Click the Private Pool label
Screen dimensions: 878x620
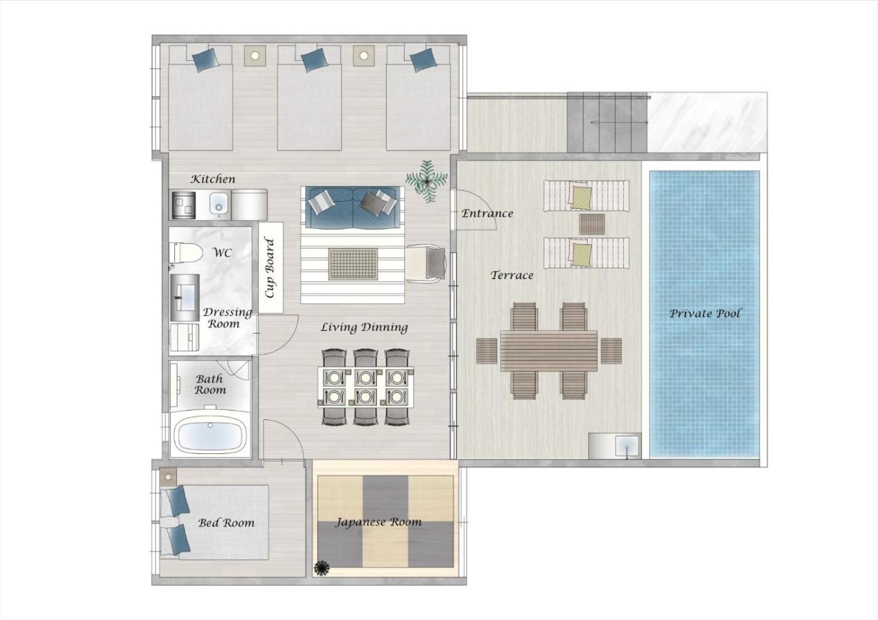coord(705,313)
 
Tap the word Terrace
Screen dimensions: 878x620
coord(512,275)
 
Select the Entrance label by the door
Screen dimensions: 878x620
coord(487,214)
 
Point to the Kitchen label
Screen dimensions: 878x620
coord(213,179)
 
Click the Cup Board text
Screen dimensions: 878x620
coord(270,268)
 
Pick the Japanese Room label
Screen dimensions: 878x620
coord(378,522)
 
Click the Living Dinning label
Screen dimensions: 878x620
coord(364,327)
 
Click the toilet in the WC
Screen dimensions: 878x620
coord(185,253)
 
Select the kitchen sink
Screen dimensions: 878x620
coord(218,204)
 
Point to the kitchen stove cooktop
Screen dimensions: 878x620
coord(184,204)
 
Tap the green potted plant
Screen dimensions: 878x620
coord(426,181)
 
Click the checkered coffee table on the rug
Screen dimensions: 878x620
coord(353,264)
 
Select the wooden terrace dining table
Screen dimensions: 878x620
coord(549,351)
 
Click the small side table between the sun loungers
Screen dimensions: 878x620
coord(592,224)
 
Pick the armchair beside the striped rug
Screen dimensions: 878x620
coord(426,263)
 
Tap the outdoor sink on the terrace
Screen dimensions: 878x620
coord(628,446)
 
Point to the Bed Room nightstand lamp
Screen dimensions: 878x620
coord(168,477)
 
